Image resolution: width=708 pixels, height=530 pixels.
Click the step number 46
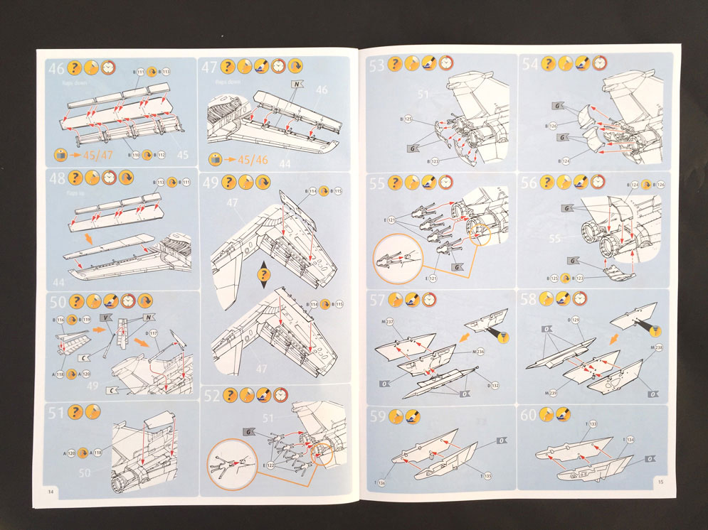pos(56,69)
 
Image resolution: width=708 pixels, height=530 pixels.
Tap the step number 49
pos(211,183)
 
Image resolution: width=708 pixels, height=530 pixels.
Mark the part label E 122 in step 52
pos(268,465)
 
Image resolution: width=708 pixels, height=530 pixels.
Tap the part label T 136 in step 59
pos(381,482)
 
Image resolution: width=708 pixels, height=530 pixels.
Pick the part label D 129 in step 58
pos(575,320)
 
